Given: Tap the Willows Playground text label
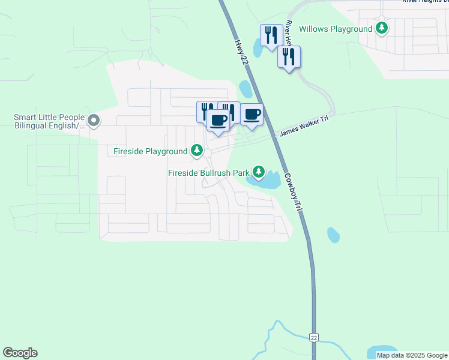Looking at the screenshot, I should click(x=336, y=29).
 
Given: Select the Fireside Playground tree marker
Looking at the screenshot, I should click(x=197, y=151).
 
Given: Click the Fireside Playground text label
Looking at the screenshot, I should click(x=151, y=152).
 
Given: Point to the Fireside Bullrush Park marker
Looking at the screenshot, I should click(x=259, y=173).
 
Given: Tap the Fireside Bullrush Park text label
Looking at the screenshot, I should click(x=208, y=173).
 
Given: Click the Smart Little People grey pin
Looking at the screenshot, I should click(x=94, y=121).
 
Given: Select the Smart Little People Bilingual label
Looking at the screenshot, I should click(x=50, y=121).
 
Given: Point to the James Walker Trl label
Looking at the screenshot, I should click(x=303, y=127).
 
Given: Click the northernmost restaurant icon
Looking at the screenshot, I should click(x=271, y=36).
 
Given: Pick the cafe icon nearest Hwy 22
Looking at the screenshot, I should click(x=252, y=114).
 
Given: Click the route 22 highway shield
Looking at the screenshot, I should click(x=313, y=338).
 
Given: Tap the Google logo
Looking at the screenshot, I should click(x=20, y=353).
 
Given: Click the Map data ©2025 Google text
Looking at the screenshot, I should click(x=412, y=355).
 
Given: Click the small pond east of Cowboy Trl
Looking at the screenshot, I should click(x=333, y=235).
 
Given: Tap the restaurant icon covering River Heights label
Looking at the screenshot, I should click(x=289, y=58).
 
